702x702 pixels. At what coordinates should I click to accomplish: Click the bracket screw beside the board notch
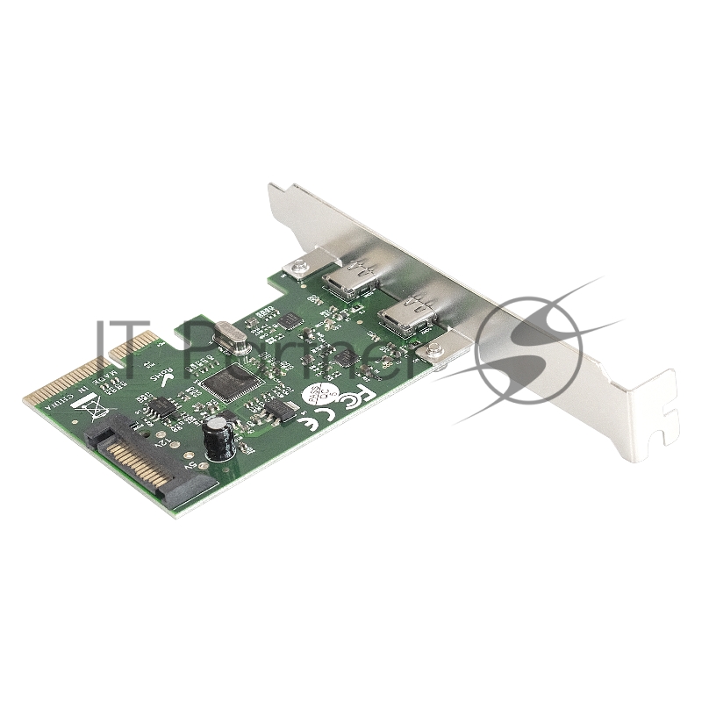point(295,264)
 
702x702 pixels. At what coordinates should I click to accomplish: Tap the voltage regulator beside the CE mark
point(282,411)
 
